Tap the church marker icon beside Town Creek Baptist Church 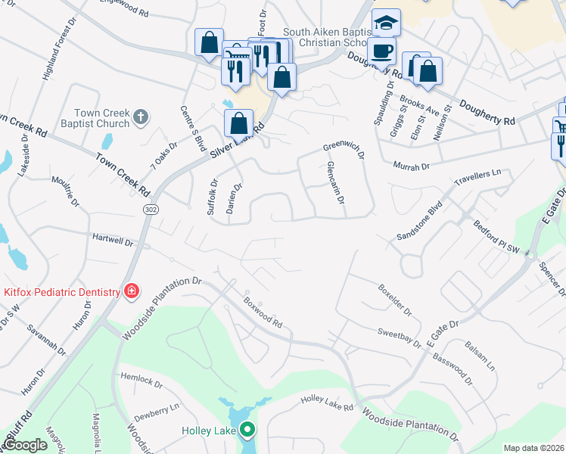tap(140, 117)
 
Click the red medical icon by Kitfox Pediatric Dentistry tap(132, 291)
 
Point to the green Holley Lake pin tap(247, 431)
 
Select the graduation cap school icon tap(387, 23)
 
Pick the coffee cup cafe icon tap(382, 51)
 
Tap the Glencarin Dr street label tap(336, 184)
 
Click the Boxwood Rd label tap(263, 310)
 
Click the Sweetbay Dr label tap(400, 337)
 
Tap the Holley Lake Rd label tap(327, 403)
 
